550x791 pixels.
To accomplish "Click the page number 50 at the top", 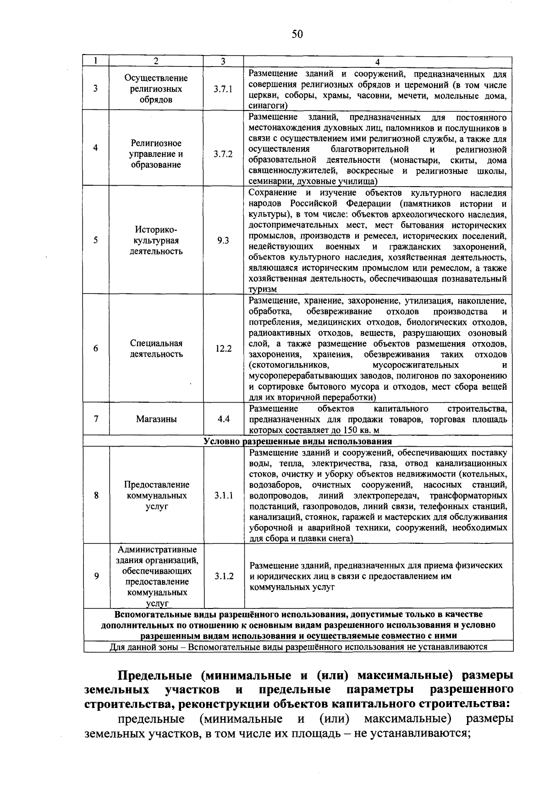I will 297,34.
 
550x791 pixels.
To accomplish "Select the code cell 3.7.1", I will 223,89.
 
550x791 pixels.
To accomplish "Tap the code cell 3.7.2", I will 223,154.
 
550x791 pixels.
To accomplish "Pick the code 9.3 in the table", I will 223,240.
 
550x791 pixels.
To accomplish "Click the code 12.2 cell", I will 223,348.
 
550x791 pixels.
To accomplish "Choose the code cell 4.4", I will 223,419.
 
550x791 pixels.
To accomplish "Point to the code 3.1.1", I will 223,496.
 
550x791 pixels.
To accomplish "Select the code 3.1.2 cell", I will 223,576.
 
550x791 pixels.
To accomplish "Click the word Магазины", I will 156,419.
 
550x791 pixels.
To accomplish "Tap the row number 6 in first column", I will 96,348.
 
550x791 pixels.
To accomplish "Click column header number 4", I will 378,61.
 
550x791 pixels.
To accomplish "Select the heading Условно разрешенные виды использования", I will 298,441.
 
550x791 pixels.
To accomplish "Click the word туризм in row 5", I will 263,289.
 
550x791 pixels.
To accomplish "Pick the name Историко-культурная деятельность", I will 156,240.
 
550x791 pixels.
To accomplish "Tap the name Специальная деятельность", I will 156,348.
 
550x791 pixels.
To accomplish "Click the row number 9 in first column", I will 96,576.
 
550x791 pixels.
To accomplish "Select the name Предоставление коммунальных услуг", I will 156,496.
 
